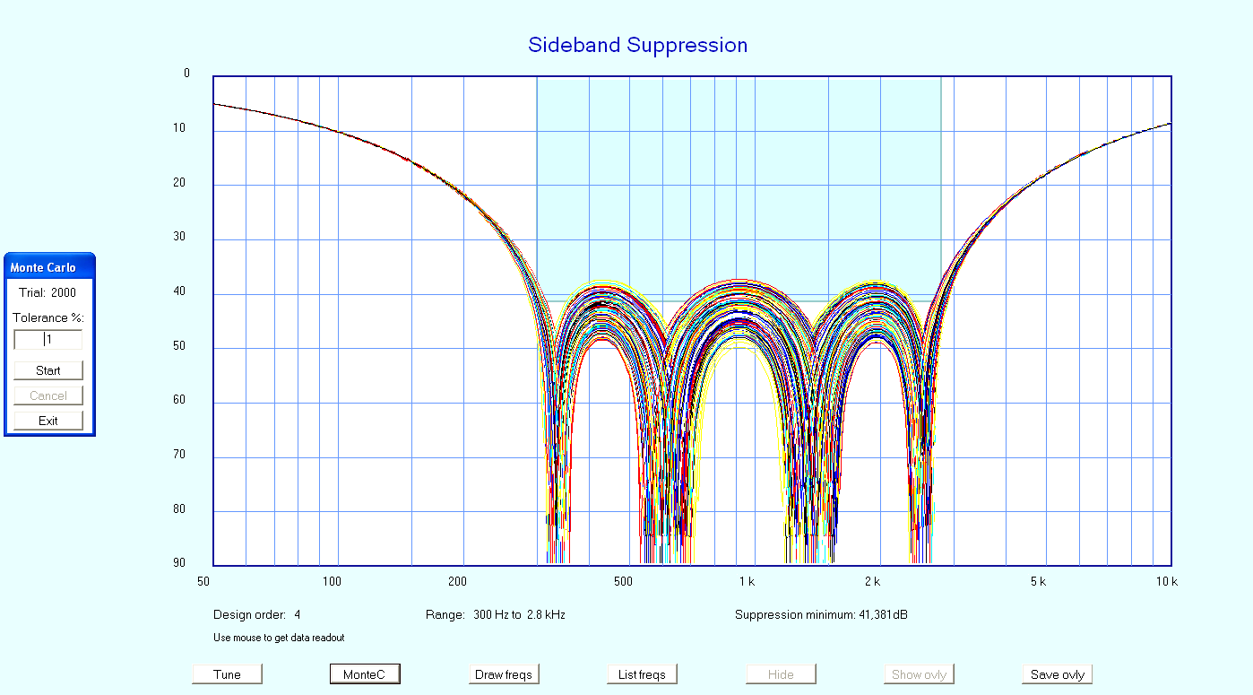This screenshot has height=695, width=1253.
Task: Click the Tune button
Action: click(x=228, y=674)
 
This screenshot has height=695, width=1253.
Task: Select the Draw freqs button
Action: click(x=504, y=674)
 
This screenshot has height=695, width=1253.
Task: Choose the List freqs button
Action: click(x=642, y=674)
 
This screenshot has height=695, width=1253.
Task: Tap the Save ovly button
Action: click(x=1058, y=674)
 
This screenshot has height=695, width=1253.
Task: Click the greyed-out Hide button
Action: click(x=781, y=674)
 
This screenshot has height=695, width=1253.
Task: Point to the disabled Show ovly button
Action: click(x=919, y=674)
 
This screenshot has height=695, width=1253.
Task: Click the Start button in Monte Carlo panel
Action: click(x=48, y=370)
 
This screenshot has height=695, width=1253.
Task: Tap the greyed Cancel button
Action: click(x=48, y=395)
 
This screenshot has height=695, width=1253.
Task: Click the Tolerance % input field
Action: click(x=48, y=340)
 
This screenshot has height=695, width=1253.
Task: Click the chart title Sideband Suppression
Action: click(x=637, y=45)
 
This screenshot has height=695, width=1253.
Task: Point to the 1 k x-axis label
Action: click(x=747, y=582)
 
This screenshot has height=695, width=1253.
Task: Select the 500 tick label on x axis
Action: click(x=624, y=582)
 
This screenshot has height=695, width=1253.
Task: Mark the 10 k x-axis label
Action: click(x=1166, y=582)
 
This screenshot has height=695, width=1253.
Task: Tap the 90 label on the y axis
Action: click(x=179, y=563)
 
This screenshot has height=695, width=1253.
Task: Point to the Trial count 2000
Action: click(x=64, y=292)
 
